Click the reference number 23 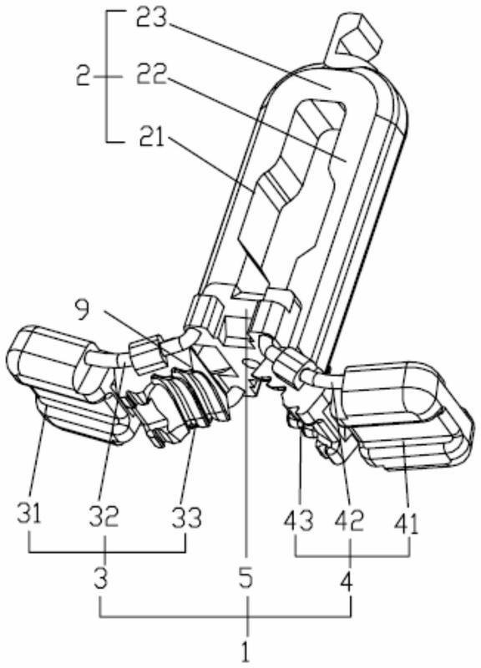coord(152,17)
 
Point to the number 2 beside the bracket coord(84,77)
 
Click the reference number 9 coord(84,311)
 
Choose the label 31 coord(30,513)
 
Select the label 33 coord(186,517)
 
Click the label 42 coord(350,519)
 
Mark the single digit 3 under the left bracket coord(100,579)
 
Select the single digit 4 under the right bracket coord(347,581)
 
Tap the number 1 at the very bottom coord(246,651)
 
